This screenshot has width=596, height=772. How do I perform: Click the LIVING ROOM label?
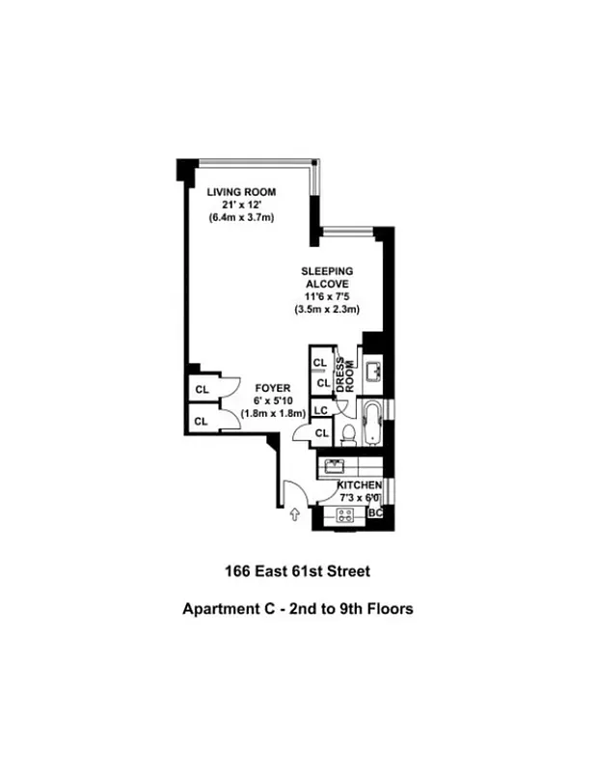coord(241,192)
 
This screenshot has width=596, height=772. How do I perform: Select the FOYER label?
coord(246,388)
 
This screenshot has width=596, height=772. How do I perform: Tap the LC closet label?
coord(321,411)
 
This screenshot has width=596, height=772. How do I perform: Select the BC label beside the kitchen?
coord(377,514)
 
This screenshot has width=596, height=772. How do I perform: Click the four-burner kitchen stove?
coord(343,513)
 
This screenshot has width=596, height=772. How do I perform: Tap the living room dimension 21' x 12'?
coord(241,205)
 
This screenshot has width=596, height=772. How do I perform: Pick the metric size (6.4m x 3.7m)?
coord(241,218)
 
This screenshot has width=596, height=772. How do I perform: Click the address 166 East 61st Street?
coord(297,571)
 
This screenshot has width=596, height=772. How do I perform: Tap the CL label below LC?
coord(321,434)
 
